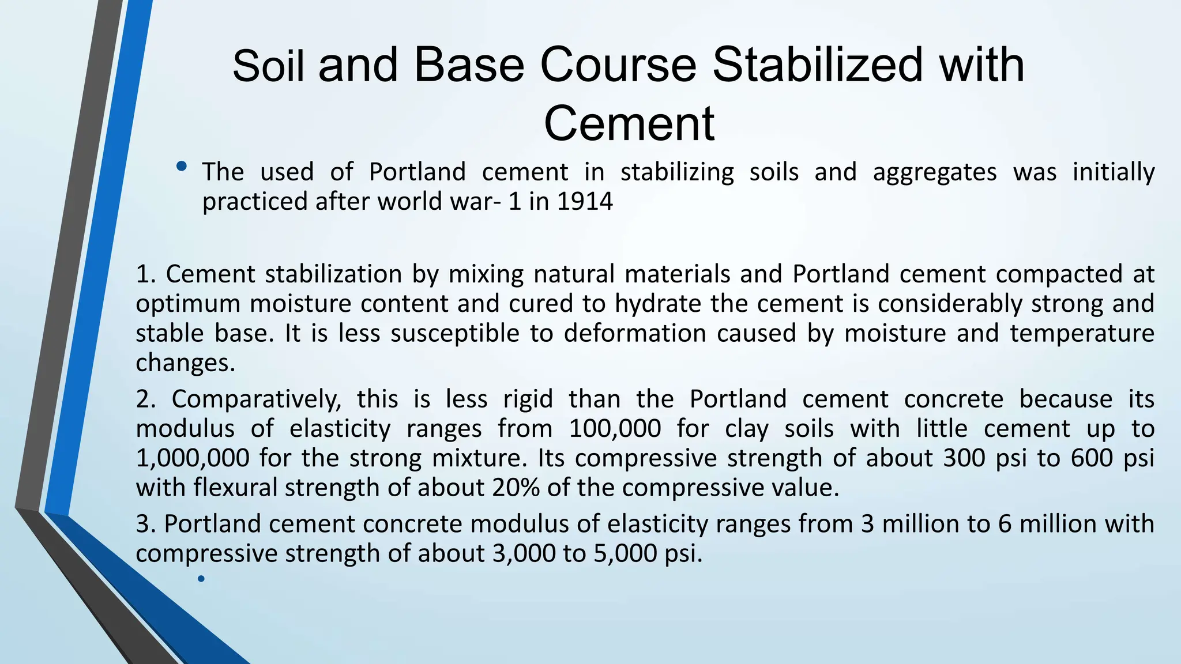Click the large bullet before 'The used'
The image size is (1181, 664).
(182, 167)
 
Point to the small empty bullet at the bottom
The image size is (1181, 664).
(201, 579)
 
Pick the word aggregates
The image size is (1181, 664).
(934, 172)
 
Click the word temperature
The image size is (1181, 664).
(1082, 334)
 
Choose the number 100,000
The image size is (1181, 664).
(615, 429)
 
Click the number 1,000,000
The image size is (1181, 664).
(193, 458)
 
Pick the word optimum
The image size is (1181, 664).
(187, 304)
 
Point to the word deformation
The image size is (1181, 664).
(635, 334)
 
